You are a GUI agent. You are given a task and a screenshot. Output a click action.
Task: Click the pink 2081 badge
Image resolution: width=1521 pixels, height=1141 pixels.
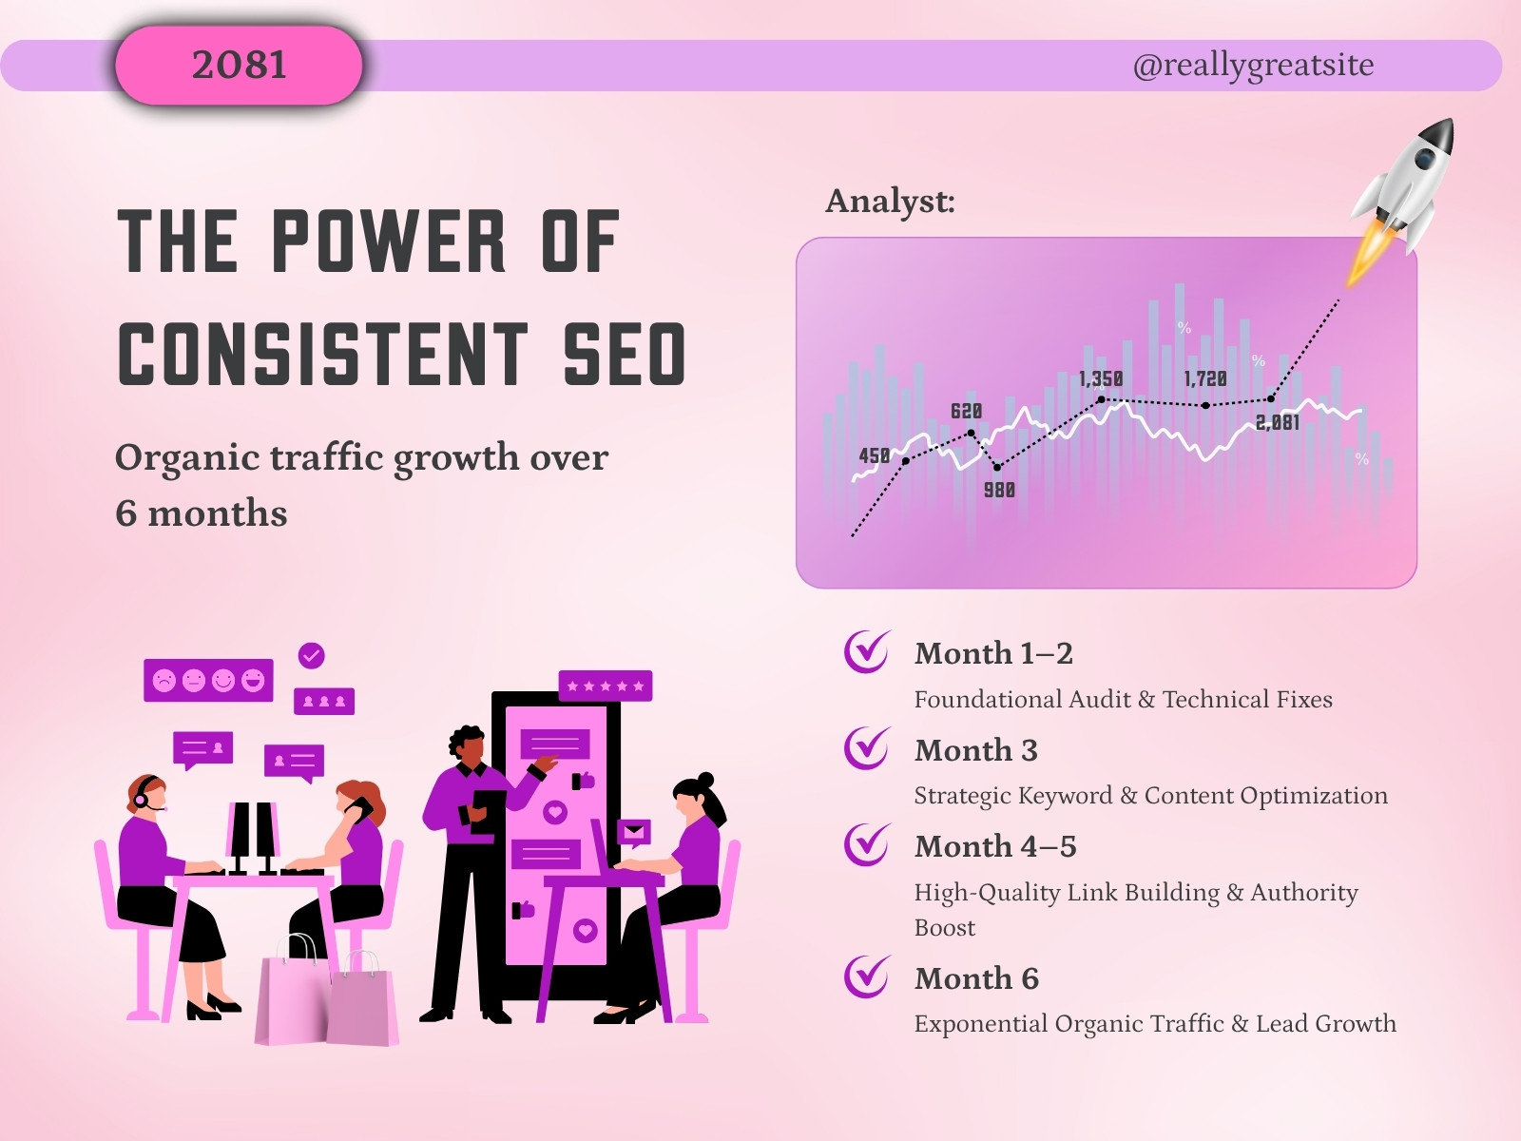tap(239, 65)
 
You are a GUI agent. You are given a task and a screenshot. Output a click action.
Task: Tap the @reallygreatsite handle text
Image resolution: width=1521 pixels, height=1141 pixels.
tap(1253, 65)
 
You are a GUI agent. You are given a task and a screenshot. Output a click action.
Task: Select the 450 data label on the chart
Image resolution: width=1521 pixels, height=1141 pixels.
tap(875, 455)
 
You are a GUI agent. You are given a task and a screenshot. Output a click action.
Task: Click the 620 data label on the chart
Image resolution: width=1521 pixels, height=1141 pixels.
tap(966, 412)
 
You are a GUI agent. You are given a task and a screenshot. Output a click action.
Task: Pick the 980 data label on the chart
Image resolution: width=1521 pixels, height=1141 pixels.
tap(999, 491)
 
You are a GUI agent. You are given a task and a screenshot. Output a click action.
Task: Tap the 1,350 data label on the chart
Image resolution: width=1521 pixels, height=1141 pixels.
tap(1101, 379)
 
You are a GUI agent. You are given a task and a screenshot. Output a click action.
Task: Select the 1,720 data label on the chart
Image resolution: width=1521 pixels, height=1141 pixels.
tap(1205, 379)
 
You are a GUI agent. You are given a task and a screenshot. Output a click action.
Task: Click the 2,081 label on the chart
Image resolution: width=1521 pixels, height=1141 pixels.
tap(1277, 422)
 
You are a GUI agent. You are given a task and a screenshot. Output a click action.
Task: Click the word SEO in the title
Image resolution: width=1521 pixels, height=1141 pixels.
tap(624, 354)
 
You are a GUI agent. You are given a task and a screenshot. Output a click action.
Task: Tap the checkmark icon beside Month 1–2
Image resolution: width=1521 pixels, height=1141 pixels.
tap(866, 651)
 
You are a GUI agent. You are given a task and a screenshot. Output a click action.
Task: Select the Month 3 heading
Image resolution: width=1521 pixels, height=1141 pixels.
tap(975, 750)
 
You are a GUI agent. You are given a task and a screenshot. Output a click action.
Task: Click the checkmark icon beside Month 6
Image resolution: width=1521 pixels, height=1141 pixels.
tap(866, 977)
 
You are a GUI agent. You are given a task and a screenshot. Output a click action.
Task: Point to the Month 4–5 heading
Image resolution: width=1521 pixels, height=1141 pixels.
tap(995, 846)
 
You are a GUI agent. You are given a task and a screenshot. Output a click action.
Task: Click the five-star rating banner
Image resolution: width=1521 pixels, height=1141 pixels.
tap(605, 686)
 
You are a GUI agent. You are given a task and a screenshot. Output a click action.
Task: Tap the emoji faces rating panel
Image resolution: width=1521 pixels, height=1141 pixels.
tap(208, 680)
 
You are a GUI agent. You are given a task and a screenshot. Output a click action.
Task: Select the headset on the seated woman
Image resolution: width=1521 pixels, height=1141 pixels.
tap(143, 793)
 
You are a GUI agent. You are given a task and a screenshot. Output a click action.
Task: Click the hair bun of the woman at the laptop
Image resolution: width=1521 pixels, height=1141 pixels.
tap(705, 780)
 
